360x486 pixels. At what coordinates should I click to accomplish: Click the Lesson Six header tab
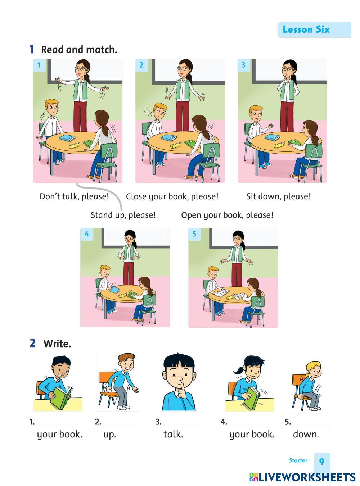(314, 29)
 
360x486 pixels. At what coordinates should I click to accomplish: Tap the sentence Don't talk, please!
(74, 196)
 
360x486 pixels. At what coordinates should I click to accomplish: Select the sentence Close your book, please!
(172, 196)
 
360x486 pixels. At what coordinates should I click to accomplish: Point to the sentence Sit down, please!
(278, 196)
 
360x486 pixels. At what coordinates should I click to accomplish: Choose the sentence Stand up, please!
(123, 215)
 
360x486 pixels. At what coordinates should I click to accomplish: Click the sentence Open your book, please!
(227, 215)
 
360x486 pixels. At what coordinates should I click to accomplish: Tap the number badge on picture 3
(243, 65)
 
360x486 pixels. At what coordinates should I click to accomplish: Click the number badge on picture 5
(194, 234)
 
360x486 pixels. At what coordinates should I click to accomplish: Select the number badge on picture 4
(86, 234)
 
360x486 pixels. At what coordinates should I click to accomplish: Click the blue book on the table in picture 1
(67, 138)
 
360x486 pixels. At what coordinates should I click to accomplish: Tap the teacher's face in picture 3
(288, 70)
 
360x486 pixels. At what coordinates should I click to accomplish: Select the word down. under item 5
(306, 434)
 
